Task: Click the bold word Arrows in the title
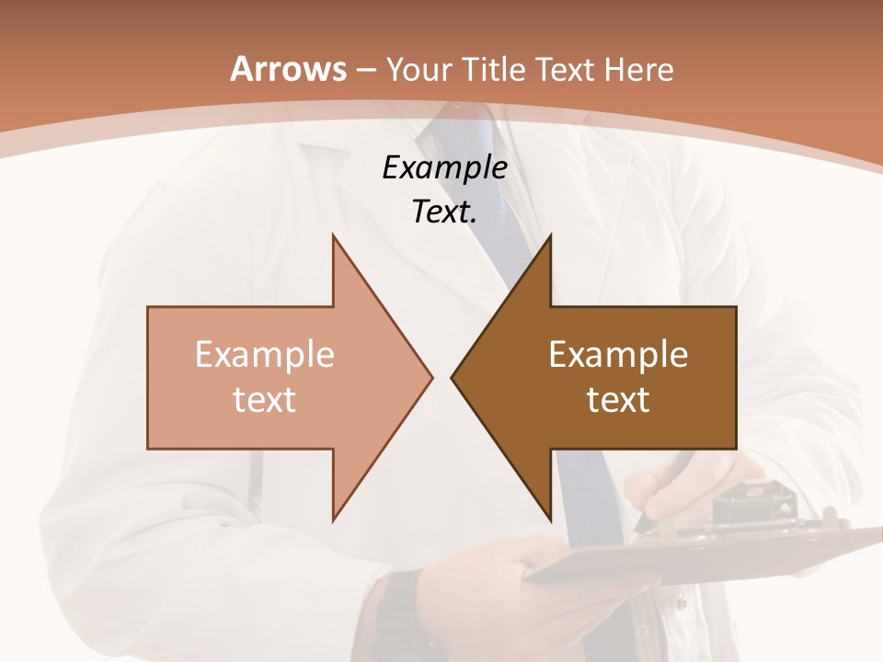[288, 69]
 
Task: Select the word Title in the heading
[497, 69]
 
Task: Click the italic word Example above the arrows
[445, 168]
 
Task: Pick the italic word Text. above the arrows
[445, 212]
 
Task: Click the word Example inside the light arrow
[265, 354]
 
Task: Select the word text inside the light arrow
[265, 400]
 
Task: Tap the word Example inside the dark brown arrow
[618, 354]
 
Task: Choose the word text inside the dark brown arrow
[618, 400]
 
